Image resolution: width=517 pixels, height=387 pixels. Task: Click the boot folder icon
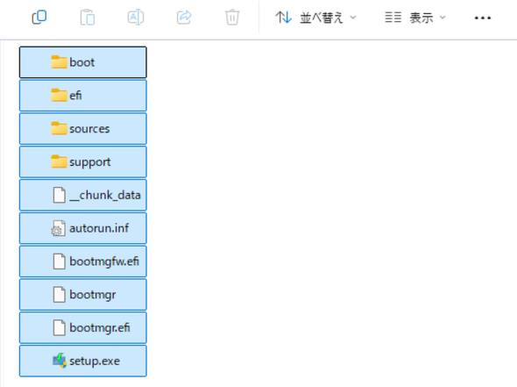59,62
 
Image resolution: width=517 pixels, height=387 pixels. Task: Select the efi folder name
75,96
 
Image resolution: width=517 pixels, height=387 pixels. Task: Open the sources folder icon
59,128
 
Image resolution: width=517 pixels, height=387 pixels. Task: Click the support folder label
90,162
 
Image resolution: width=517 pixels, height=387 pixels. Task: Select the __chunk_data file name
105,195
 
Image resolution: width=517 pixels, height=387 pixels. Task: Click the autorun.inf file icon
59,228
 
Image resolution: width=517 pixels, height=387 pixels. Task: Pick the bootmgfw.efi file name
104,262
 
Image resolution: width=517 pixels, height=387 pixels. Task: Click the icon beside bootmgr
60,294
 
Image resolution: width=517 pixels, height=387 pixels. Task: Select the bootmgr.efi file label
100,327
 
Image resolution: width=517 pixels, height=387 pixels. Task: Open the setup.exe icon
60,361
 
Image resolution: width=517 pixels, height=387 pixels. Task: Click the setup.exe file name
95,361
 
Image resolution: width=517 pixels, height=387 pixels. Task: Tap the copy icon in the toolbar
39,18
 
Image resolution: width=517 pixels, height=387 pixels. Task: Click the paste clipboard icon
88,18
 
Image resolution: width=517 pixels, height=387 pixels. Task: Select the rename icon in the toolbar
136,18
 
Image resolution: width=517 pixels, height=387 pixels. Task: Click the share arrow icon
184,18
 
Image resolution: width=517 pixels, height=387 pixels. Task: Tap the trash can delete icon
232,18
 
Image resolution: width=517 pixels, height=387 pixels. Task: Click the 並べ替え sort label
321,18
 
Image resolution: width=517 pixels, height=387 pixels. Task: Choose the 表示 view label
421,18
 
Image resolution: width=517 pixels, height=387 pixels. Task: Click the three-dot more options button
482,18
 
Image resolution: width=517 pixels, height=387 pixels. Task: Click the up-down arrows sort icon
284,18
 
